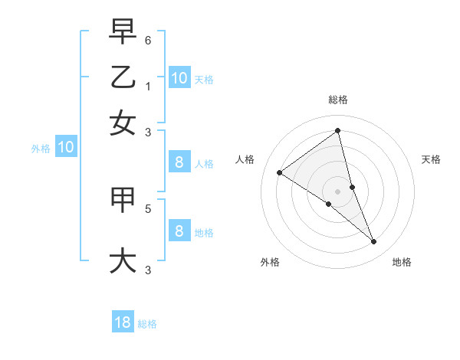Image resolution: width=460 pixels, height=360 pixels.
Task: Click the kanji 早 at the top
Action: pyautogui.click(x=123, y=32)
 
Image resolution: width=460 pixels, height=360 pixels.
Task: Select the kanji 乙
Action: pyautogui.click(x=123, y=77)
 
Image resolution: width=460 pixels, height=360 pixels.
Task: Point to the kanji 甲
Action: pyautogui.click(x=123, y=201)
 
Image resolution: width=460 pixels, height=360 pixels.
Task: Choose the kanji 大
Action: pyautogui.click(x=123, y=260)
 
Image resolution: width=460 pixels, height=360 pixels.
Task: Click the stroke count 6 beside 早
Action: pyautogui.click(x=148, y=39)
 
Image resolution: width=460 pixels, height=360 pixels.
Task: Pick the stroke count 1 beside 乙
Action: pyautogui.click(x=148, y=86)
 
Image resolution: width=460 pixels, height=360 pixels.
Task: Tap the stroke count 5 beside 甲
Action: pyautogui.click(x=148, y=208)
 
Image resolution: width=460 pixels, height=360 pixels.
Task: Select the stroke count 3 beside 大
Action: pyautogui.click(x=148, y=269)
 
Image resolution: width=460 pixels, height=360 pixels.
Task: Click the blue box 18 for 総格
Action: pyautogui.click(x=123, y=322)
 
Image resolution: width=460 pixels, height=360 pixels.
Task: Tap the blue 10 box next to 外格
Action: pyautogui.click(x=66, y=148)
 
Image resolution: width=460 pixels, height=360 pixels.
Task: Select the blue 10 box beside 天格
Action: pyautogui.click(x=179, y=78)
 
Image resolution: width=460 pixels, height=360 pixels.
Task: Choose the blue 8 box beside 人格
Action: pyautogui.click(x=179, y=162)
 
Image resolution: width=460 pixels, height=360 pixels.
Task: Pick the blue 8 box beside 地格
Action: pyautogui.click(x=179, y=231)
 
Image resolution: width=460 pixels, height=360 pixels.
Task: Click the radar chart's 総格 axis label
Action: pyautogui.click(x=338, y=100)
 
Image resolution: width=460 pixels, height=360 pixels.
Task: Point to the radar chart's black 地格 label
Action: pyautogui.click(x=402, y=262)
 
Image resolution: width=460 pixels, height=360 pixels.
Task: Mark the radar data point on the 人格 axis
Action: pyautogui.click(x=279, y=172)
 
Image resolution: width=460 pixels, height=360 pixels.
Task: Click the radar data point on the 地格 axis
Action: pyautogui.click(x=374, y=241)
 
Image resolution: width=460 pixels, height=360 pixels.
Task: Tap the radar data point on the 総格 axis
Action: pyautogui.click(x=338, y=131)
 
